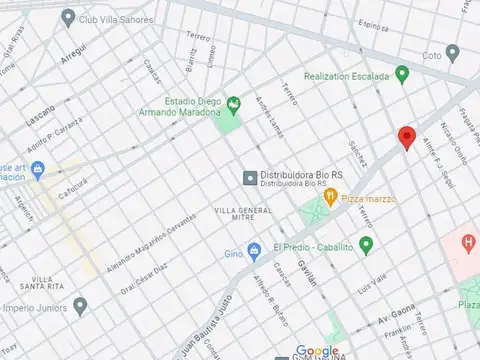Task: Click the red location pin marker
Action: (405, 138)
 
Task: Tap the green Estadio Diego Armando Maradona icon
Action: (233, 102)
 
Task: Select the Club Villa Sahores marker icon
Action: (68, 17)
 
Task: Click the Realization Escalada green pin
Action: (402, 73)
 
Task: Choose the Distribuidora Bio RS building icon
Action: (250, 177)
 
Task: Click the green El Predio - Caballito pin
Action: (366, 245)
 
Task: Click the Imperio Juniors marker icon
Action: (81, 306)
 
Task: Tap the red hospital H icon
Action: (468, 242)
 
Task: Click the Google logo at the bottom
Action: (317, 350)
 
